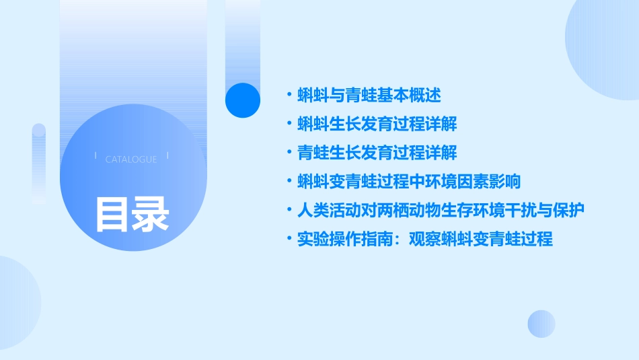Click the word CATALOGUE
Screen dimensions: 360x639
tap(131, 159)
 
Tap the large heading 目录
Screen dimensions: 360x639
tap(132, 213)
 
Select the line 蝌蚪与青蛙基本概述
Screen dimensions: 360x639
tap(369, 96)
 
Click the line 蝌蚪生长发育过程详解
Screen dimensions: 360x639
tap(377, 124)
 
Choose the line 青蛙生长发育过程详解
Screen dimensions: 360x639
tap(377, 153)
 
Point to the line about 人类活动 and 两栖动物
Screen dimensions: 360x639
tap(441, 210)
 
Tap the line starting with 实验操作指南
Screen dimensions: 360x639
tap(425, 239)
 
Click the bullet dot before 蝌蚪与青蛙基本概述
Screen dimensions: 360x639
tap(289, 96)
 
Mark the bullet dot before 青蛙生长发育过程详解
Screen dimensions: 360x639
tap(289, 153)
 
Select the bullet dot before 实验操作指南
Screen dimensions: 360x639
tap(289, 239)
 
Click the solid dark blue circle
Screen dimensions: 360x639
tap(243, 100)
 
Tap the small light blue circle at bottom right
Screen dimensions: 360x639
tap(541, 324)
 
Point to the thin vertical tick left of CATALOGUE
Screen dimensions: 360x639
tap(96, 155)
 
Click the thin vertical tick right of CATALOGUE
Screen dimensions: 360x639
tap(167, 155)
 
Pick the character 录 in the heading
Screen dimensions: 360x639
tap(151, 213)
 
